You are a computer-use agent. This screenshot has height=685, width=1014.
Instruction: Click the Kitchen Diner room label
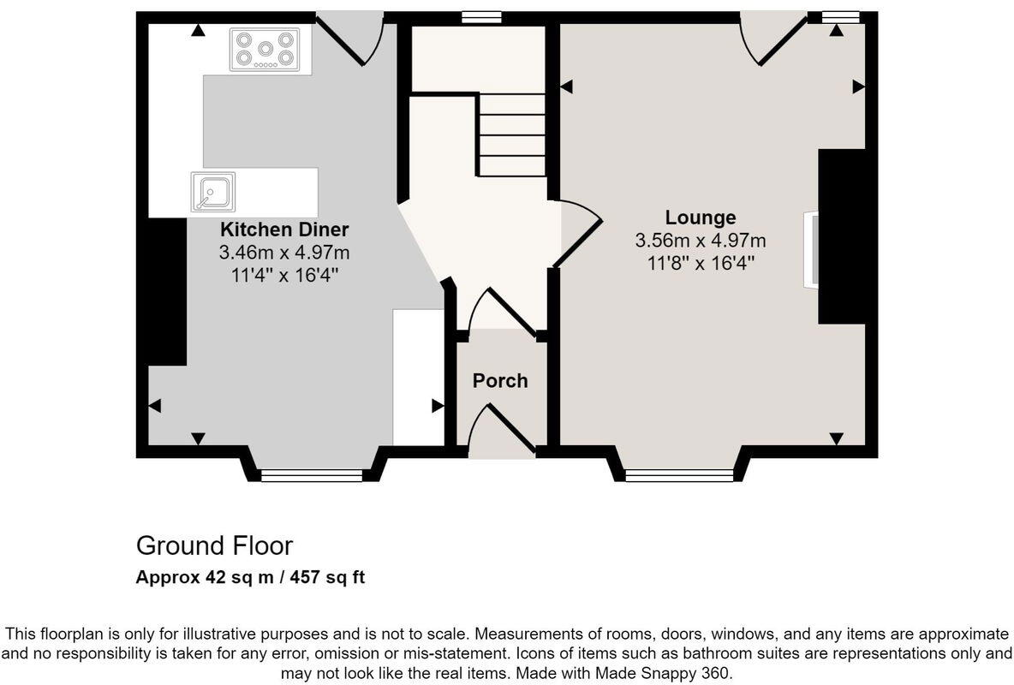(284, 229)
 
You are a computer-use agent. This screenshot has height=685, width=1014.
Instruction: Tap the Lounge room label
(701, 217)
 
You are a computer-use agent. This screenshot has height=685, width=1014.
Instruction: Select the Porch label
(500, 381)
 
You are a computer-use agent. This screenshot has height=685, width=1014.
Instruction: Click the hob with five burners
(265, 50)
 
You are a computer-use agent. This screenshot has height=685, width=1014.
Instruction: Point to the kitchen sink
(212, 191)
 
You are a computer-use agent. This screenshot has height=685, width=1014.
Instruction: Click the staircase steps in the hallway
(511, 134)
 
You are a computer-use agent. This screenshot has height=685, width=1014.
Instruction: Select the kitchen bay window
(312, 475)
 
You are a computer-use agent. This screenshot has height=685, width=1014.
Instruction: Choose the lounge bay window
(679, 475)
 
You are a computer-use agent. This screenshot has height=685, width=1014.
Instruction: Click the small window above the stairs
(480, 16)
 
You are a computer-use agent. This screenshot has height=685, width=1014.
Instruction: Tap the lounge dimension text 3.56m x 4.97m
(701, 241)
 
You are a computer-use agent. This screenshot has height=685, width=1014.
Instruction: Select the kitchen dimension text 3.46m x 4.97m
(284, 253)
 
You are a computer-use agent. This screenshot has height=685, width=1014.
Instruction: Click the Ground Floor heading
(214, 545)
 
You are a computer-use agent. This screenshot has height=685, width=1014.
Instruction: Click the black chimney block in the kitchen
(166, 291)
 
